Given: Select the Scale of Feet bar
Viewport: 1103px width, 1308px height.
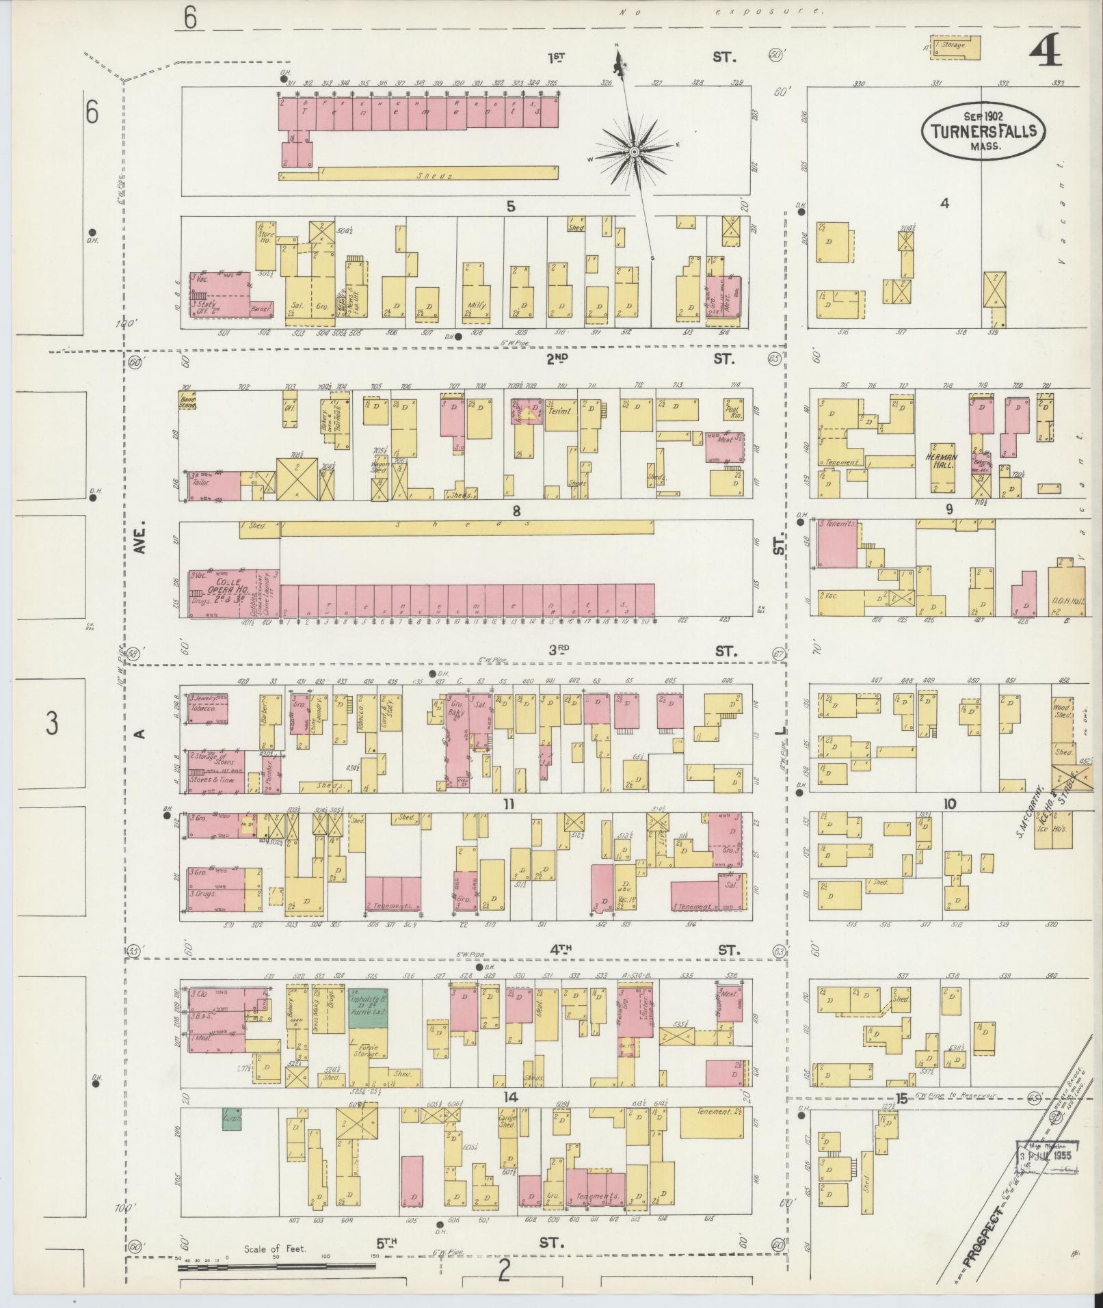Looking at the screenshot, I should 276,1266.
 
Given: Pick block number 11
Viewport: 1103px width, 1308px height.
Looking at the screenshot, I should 507,803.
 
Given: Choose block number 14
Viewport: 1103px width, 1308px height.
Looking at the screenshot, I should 509,1097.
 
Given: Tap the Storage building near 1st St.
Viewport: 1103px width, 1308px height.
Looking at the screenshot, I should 955,46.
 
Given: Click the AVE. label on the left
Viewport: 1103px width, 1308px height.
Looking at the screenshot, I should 142,538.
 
